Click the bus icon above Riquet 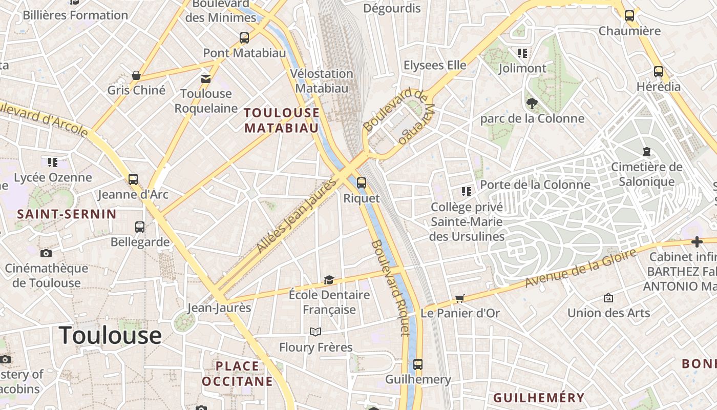362,182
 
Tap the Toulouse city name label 111,335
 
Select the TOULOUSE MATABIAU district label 282,120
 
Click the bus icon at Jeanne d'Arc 133,179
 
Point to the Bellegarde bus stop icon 140,227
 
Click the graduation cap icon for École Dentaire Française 329,280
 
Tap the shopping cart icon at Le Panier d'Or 460,298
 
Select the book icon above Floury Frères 315,332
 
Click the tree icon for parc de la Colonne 532,104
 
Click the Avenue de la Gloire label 580,268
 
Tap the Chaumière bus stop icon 629,16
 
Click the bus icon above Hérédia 659,72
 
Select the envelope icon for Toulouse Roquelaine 205,79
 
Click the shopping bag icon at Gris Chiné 136,75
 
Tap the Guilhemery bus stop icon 418,364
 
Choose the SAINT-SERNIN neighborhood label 67,214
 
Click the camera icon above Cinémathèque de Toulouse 46,253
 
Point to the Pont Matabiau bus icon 244,37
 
